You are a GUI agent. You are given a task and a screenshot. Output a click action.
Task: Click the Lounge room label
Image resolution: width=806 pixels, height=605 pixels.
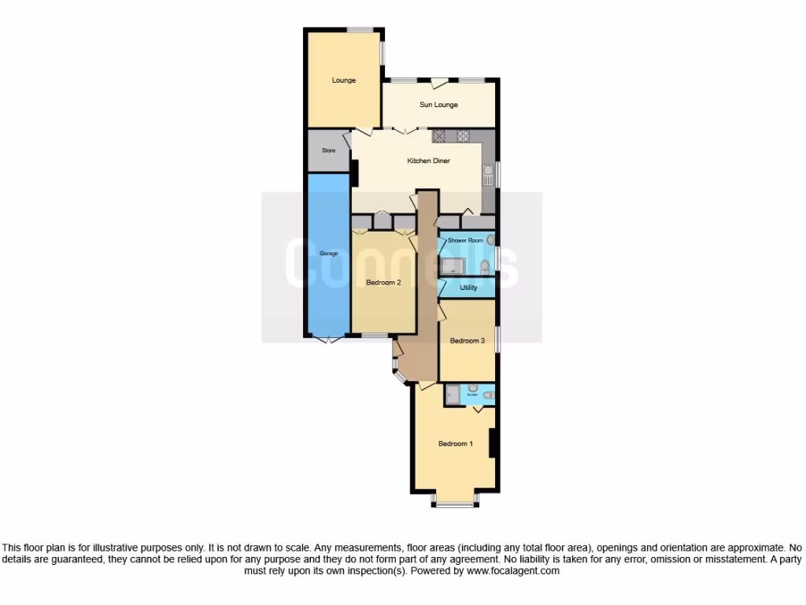[x=343, y=80]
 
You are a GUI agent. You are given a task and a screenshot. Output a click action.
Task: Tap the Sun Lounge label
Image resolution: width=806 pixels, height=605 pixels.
[x=438, y=105]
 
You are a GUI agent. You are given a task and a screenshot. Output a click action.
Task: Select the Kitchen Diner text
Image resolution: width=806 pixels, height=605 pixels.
[x=428, y=161]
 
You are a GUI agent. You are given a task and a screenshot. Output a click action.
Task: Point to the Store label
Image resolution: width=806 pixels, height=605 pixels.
[x=328, y=150]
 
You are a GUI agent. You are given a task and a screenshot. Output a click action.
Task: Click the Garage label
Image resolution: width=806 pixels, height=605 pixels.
[x=328, y=254]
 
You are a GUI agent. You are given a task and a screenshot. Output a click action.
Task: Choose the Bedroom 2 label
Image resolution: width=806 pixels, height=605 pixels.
[x=384, y=282]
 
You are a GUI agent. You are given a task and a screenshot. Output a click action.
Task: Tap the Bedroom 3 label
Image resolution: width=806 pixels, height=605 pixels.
[x=467, y=341]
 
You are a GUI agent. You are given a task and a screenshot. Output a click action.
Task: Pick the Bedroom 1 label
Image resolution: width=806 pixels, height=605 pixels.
[x=456, y=444]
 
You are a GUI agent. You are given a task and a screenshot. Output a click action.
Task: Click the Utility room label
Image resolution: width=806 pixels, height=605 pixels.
[x=468, y=288]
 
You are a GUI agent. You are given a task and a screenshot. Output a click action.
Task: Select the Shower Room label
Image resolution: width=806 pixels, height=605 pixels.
[x=464, y=240]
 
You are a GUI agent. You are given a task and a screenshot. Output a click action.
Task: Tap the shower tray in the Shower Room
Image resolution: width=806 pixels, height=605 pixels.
[x=454, y=266]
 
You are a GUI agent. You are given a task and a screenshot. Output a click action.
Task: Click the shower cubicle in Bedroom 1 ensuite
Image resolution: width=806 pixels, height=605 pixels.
[x=453, y=394]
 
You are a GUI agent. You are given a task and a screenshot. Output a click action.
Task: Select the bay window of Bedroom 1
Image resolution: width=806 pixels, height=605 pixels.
[x=454, y=501]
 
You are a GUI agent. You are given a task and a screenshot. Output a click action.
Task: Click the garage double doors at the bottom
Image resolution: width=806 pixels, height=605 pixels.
[x=327, y=340]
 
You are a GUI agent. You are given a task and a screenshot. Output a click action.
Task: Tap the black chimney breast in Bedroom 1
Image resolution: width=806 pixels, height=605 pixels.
[x=492, y=443]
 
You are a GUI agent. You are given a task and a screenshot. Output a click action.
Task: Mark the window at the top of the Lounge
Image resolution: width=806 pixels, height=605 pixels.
[x=360, y=30]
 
